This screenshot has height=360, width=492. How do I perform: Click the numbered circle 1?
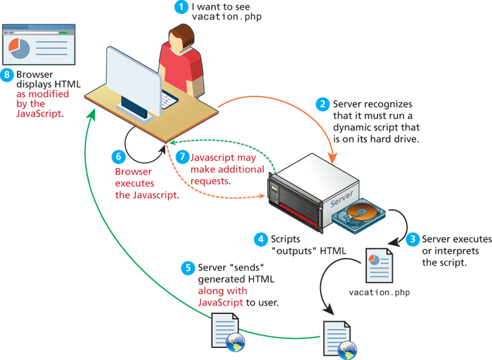[181, 7]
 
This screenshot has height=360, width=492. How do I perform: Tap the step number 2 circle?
[323, 104]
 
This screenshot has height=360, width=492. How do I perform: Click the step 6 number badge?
[119, 157]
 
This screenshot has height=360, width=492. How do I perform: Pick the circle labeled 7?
[181, 157]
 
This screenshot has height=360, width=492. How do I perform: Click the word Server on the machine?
[342, 202]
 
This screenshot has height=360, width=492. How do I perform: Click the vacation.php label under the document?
[379, 292]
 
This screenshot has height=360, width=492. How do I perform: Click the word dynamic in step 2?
[350, 128]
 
